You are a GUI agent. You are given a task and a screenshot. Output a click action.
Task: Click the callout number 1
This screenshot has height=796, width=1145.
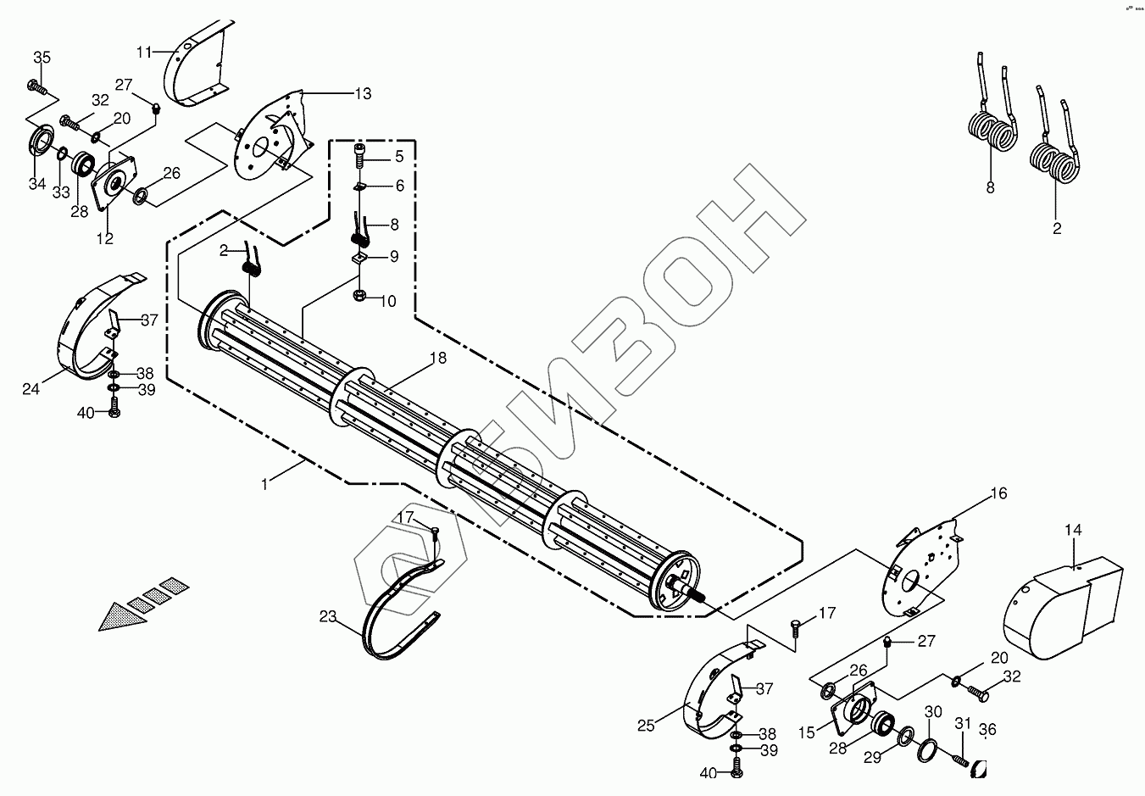point(265,484)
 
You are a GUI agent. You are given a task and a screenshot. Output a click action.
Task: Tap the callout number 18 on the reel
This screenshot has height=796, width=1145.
point(437,359)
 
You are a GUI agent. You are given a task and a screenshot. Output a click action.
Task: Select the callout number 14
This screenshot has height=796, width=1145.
point(1073,531)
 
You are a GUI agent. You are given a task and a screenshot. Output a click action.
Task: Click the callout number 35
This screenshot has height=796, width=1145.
point(42,58)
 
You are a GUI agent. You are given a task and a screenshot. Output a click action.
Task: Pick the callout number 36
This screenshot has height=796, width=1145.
point(987,729)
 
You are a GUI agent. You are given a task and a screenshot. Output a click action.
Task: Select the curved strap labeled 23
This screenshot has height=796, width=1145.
point(398,610)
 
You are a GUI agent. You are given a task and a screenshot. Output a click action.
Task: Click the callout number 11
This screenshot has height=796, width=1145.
point(144,53)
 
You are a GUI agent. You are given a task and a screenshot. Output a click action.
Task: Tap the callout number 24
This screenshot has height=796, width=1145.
point(31,390)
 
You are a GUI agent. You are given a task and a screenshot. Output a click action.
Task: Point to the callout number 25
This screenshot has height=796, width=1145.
point(647,726)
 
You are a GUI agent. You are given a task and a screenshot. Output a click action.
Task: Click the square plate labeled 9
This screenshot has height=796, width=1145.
point(359,259)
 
